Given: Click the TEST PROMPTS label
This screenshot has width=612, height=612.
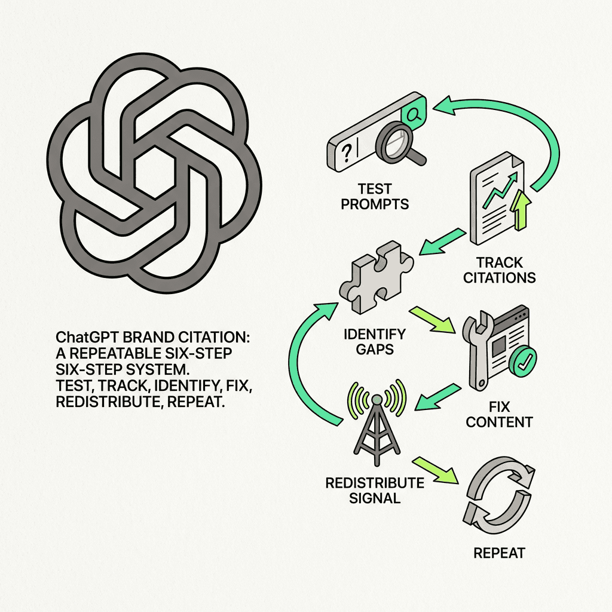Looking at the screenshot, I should pos(375,195).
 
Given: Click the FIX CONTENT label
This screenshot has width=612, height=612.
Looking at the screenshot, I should pos(499,415).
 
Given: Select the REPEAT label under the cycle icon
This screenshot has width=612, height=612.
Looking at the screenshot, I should pos(499,553).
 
